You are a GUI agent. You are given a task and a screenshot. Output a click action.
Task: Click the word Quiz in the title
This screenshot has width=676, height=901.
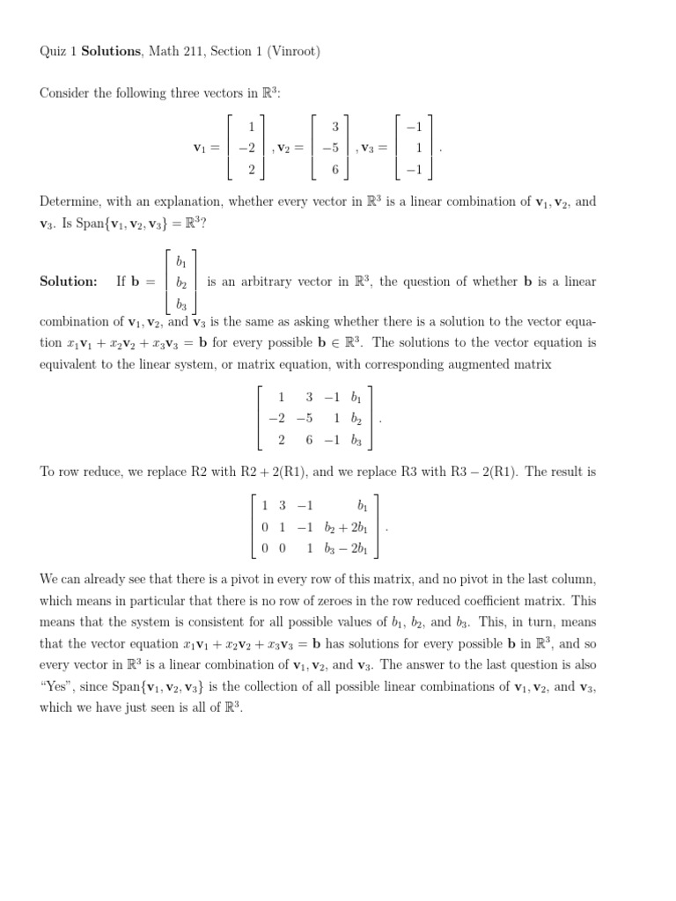52,52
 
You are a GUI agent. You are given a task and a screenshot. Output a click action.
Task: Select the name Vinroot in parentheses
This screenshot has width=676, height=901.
293,52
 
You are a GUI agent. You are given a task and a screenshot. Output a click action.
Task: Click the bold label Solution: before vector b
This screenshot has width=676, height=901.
69,282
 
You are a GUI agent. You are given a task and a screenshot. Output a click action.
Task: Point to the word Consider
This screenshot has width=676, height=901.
65,94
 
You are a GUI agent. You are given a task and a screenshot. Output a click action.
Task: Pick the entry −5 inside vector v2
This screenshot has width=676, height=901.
330,148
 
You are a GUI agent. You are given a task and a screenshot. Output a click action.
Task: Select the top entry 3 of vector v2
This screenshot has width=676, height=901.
334,127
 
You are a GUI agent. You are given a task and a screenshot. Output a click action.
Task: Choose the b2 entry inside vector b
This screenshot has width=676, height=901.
181,282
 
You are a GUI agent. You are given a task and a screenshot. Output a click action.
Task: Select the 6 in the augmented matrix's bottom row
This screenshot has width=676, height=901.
310,440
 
